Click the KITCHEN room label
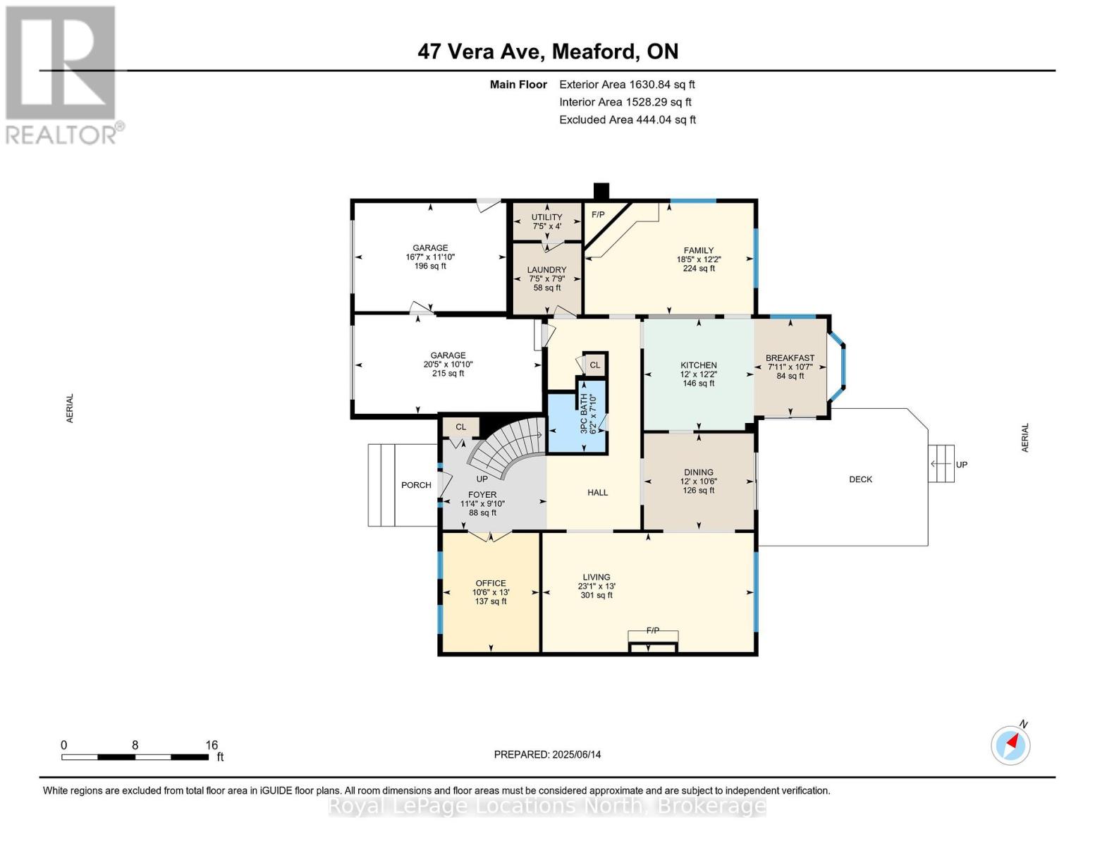tap(699, 365)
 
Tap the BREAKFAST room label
tap(790, 358)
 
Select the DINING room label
tap(699, 472)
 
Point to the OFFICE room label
tap(490, 584)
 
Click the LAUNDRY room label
tap(546, 270)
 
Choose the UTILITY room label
tap(546, 217)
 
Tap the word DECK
tap(860, 479)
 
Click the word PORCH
tap(416, 485)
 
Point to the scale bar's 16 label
tap(212, 745)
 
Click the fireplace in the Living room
tap(653, 642)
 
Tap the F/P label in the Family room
tap(598, 214)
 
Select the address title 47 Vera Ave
tap(481, 51)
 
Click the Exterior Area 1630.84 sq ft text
tap(627, 85)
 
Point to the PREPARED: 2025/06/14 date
tap(547, 755)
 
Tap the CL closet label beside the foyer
tap(460, 427)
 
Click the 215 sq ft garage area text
tap(448, 374)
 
